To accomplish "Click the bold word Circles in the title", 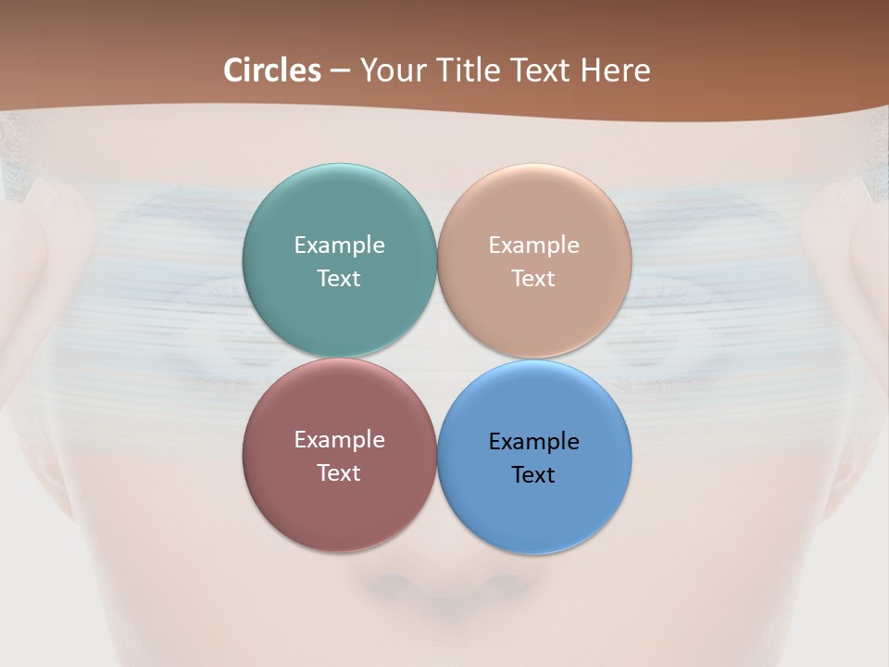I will [272, 70].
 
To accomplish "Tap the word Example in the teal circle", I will [339, 245].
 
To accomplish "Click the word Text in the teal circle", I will [339, 278].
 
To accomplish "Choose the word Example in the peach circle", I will [533, 245].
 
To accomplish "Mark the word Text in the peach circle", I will [533, 278].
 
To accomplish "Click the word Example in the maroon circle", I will [339, 439].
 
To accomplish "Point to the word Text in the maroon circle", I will [339, 472].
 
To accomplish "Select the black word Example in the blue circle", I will [533, 441].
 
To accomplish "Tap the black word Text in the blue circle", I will [533, 474].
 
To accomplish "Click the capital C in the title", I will [234, 70].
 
